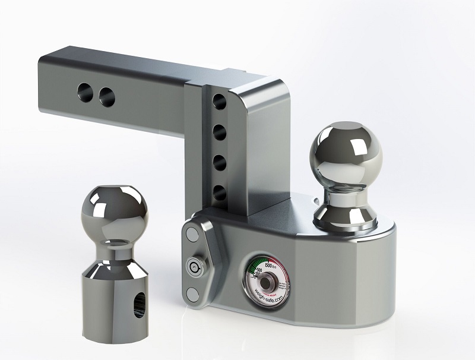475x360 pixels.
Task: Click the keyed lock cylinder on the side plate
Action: coord(192,266)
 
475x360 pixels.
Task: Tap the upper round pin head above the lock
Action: coord(191,235)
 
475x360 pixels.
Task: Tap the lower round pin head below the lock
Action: coord(192,293)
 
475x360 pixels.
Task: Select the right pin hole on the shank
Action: coord(107,95)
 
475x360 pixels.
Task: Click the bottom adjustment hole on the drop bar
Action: coord(220,192)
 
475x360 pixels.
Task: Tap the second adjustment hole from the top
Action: coord(219,131)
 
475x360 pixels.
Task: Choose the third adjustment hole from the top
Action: coord(219,162)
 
